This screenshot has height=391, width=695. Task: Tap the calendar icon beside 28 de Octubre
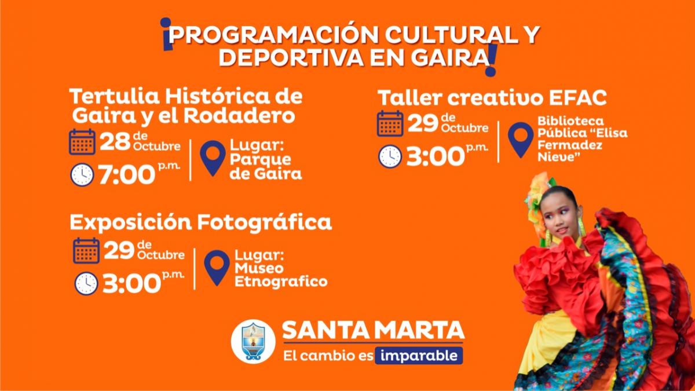(82, 142)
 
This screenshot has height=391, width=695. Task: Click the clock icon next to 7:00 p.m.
(82, 175)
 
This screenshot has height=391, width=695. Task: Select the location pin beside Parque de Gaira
(213, 158)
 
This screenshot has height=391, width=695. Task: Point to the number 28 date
(115, 142)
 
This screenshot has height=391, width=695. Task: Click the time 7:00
(127, 175)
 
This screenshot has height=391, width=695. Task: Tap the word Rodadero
(239, 116)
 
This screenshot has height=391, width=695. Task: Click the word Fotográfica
(265, 223)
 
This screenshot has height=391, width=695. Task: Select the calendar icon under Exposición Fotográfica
(86, 251)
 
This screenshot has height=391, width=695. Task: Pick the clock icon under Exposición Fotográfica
(86, 284)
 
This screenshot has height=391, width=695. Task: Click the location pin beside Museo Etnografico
(217, 268)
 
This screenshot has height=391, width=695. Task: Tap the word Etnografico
(281, 282)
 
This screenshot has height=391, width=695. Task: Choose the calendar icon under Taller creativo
(390, 124)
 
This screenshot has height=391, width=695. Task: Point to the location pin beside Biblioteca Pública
(521, 140)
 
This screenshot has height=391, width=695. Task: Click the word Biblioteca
(570, 120)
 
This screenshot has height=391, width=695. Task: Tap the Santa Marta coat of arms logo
(253, 341)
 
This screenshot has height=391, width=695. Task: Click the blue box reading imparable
(419, 356)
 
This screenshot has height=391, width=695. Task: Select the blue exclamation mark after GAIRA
(492, 60)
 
